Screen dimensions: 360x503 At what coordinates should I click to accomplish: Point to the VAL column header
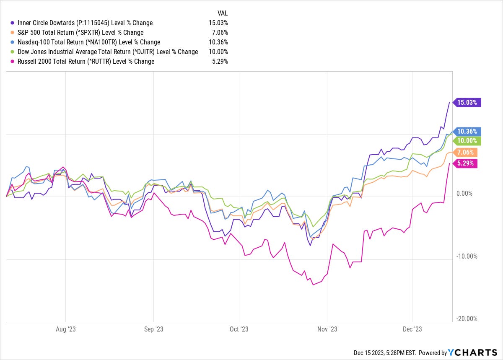pyautogui.click(x=222, y=13)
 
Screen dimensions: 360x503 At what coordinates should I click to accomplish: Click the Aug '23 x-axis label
pyautogui.click(x=66, y=329)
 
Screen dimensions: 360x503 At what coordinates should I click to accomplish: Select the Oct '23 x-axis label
pyautogui.click(x=239, y=329)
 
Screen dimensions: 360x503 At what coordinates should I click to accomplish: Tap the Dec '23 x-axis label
pyautogui.click(x=412, y=329)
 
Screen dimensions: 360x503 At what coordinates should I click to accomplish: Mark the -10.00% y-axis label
pyautogui.click(x=465, y=256)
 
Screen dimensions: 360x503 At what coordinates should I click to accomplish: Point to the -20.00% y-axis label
pyautogui.click(x=465, y=319)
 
